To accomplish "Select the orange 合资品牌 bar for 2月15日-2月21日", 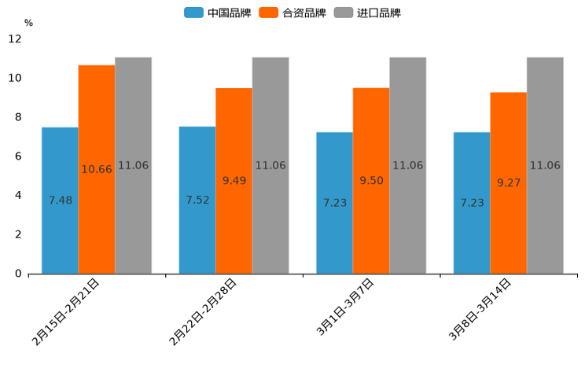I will [x=97, y=220].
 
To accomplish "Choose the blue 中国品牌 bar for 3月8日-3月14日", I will [x=472, y=236].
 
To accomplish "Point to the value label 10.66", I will [x=97, y=170].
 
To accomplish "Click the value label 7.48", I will [x=60, y=201].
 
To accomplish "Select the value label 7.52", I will [x=197, y=201].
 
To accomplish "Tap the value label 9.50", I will [x=371, y=181].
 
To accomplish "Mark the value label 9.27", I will [x=509, y=182].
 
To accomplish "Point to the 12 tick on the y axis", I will [x=15, y=39].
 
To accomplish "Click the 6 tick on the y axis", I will [x=17, y=156].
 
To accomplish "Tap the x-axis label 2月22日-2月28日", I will [x=203, y=311].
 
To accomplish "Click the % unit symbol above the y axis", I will [x=28, y=23].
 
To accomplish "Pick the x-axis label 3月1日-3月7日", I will [x=345, y=307].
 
